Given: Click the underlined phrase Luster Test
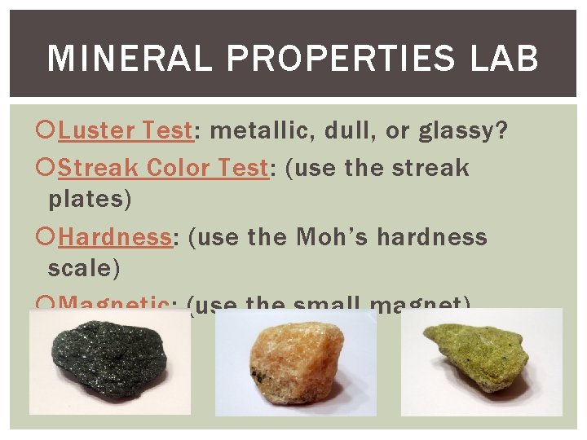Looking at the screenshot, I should tap(125, 130).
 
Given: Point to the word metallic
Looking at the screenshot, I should tap(253, 130).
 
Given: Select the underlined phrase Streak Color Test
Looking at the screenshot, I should tap(163, 168).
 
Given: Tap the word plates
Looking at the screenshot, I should tap(90, 197).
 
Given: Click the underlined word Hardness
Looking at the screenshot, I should tap(114, 237).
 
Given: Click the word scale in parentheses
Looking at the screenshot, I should tap(80, 266).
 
